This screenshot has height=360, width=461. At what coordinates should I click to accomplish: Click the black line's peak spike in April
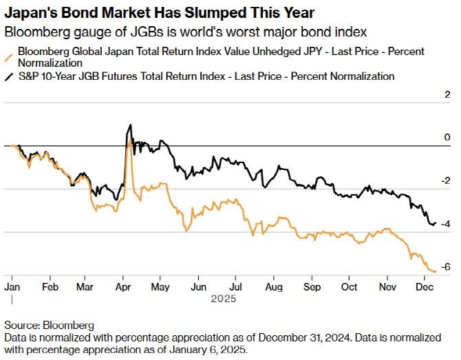(x=130, y=125)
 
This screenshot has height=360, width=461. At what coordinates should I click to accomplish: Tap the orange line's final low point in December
(x=435, y=272)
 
